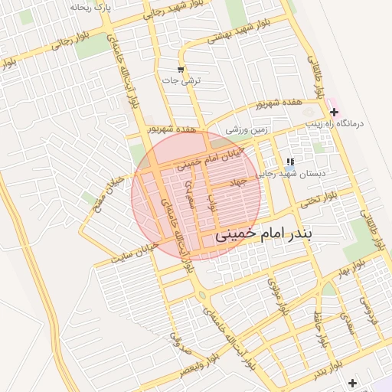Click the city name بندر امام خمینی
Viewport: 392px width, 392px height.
point(281,233)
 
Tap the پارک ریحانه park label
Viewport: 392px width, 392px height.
point(91,7)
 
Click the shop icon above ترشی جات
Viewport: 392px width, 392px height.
point(181,70)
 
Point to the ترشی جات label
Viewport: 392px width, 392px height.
point(184,80)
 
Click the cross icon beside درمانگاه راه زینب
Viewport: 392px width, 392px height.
point(333,113)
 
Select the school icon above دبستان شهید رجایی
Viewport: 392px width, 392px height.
point(289,162)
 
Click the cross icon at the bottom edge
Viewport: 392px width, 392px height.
point(352,383)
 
